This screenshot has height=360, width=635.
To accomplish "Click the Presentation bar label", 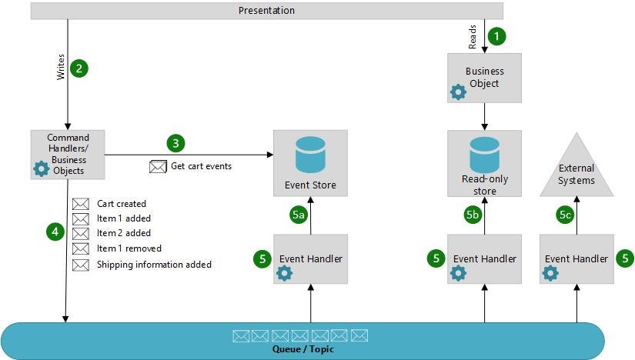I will [x=266, y=11].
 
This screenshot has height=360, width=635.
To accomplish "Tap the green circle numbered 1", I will [x=498, y=35].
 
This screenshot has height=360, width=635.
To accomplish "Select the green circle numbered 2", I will [x=79, y=68].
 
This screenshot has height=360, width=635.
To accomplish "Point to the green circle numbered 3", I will [x=175, y=143].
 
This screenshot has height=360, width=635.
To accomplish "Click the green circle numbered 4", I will [x=53, y=229].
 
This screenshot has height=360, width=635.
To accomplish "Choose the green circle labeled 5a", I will [x=299, y=216].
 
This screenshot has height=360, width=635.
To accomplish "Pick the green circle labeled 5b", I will [x=473, y=216].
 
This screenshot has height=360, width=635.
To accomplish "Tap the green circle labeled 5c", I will [x=565, y=216].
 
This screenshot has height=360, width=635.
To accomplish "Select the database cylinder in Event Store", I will [x=310, y=155].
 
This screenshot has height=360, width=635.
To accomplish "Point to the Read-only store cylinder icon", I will [x=484, y=154].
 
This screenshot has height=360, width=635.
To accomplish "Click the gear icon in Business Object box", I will [x=458, y=92].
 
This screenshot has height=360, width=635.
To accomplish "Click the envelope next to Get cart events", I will [x=158, y=166].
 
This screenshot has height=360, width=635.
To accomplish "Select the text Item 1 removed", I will [x=129, y=248].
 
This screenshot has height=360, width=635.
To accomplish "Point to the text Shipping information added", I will [x=154, y=265].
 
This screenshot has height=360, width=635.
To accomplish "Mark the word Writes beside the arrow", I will [x=62, y=67].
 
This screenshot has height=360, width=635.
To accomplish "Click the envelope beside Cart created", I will [x=81, y=204].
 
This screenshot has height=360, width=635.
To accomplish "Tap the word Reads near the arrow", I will [x=473, y=36].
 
